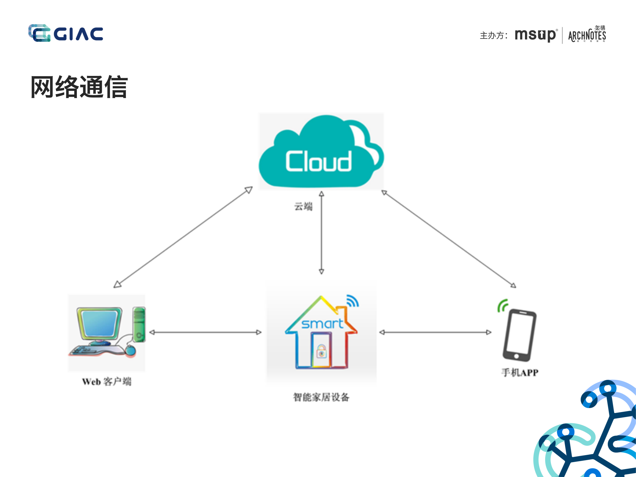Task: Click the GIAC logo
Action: click(x=66, y=33)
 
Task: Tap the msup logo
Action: click(x=535, y=35)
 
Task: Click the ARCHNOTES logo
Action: click(x=587, y=35)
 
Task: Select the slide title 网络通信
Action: click(x=79, y=87)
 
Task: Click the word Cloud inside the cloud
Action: click(x=318, y=162)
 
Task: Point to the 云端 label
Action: click(x=303, y=207)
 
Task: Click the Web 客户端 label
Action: click(x=107, y=382)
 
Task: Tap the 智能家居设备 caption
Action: click(x=321, y=397)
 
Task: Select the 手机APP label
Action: click(x=519, y=373)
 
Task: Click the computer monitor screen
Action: click(x=99, y=323)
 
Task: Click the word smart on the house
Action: click(x=322, y=324)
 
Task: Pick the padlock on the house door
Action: click(x=321, y=351)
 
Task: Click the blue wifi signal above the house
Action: click(x=352, y=301)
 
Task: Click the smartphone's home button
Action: click(x=516, y=356)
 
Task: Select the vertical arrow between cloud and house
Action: click(x=321, y=232)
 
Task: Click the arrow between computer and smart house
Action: click(x=205, y=332)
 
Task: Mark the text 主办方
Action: click(x=492, y=35)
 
